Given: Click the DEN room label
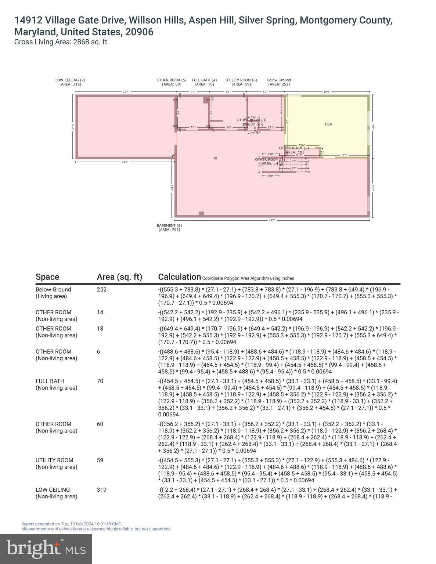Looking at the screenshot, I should pyautogui.click(x=328, y=124).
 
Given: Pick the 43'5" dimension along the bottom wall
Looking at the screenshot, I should pyautogui.click(x=272, y=220).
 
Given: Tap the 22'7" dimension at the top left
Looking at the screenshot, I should pyautogui.click(x=126, y=92).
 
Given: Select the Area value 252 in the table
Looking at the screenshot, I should pyautogui.click(x=102, y=289).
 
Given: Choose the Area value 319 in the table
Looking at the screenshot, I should pyautogui.click(x=102, y=489).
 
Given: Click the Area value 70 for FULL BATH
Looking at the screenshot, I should pyautogui.click(x=100, y=381).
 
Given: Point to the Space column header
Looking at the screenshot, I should pyautogui.click(x=47, y=277).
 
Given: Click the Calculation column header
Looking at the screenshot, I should pyautogui.click(x=180, y=277).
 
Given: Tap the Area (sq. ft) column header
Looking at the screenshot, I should pyautogui.click(x=119, y=277).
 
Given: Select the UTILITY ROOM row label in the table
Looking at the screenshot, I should pyautogui.click(x=54, y=460).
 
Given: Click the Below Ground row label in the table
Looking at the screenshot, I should pyautogui.click(x=53, y=289).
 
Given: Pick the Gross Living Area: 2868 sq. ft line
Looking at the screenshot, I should pyautogui.click(x=61, y=42).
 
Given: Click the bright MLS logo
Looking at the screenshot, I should pyautogui.click(x=46, y=549).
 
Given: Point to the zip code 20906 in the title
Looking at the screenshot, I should pyautogui.click(x=139, y=32).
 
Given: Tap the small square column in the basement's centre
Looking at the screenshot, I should pyautogui.click(x=216, y=158).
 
